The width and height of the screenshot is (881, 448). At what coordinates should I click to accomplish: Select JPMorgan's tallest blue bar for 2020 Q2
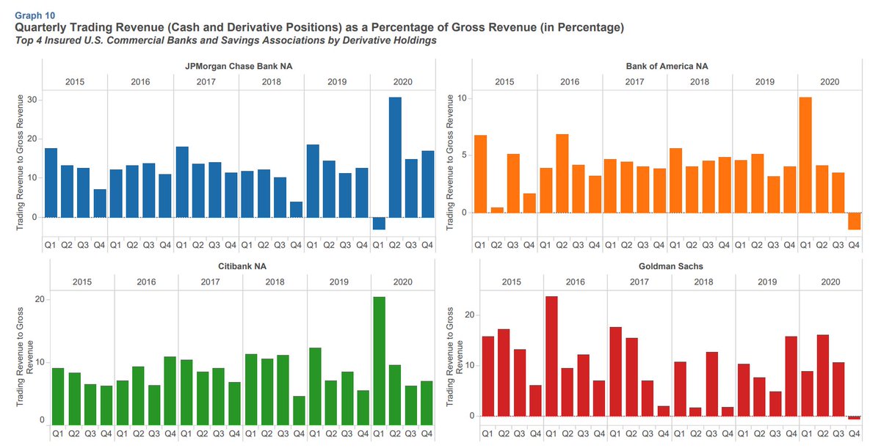[395, 157]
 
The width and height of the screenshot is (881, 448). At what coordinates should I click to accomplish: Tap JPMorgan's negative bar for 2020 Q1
[379, 224]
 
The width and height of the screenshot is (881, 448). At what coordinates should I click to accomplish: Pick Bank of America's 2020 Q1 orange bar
[805, 155]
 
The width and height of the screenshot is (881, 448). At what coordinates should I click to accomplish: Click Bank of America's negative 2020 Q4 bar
[854, 221]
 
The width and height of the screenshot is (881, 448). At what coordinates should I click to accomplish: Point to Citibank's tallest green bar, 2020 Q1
[380, 359]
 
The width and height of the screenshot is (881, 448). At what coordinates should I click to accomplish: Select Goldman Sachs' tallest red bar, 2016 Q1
[551, 356]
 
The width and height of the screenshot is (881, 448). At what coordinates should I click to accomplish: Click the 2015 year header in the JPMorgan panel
[75, 81]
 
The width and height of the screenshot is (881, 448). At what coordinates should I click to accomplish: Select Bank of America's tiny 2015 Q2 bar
[497, 210]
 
